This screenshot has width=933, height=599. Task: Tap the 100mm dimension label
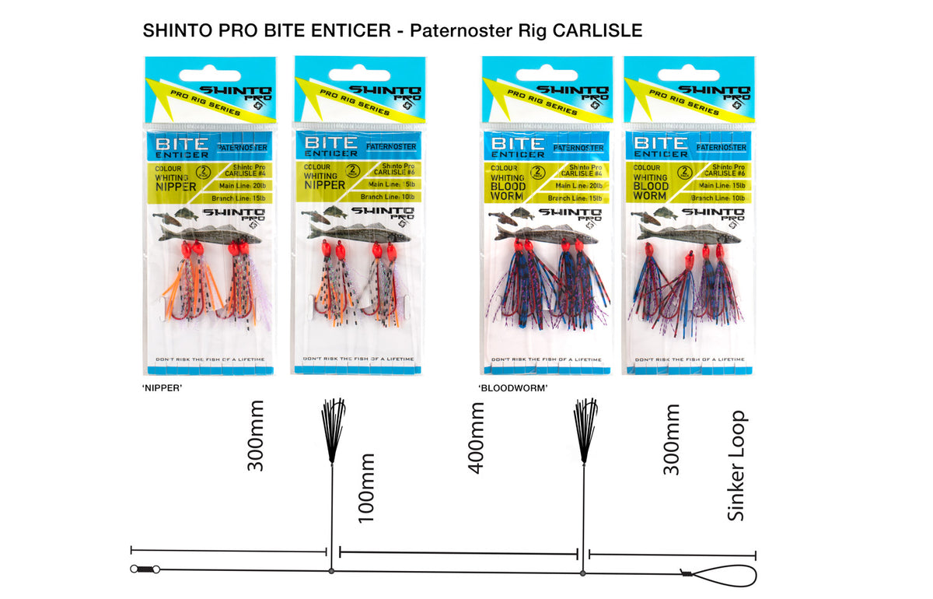coord(365,488)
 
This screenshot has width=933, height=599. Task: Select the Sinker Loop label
coord(736,465)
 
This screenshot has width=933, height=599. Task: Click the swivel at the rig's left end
coord(145,569)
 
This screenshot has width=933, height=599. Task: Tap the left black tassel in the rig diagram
coord(333,429)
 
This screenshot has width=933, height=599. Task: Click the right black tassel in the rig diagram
coord(584,429)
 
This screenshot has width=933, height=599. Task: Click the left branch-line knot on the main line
coord(332,571)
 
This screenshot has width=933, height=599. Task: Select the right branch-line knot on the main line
coord(583,573)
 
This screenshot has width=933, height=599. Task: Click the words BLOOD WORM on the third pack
coord(507,191)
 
